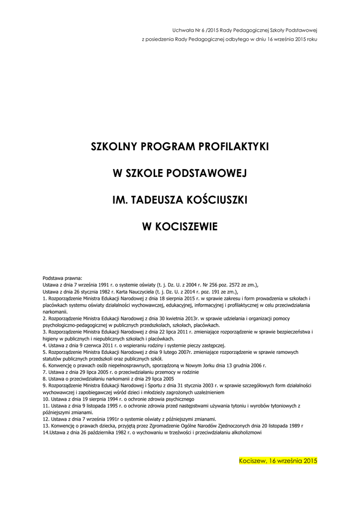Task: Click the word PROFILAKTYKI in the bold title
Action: point(233,147)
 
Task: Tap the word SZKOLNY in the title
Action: point(113,147)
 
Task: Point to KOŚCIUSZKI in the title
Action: point(218,200)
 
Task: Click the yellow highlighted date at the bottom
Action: point(278,461)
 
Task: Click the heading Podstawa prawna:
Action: point(63,278)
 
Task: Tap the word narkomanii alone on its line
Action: point(55,311)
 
